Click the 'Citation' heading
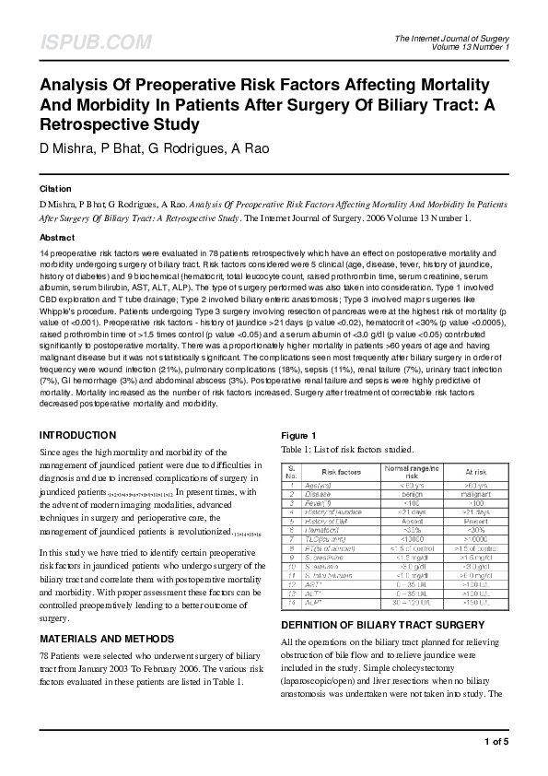54,184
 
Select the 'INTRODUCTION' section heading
77,434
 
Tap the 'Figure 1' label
297,435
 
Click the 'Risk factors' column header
341,472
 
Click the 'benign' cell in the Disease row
407,493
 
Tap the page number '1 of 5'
495,740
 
